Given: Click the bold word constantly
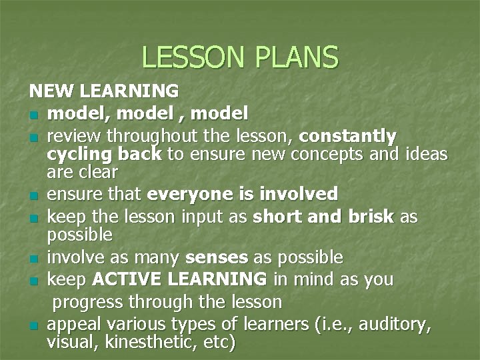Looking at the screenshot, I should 347,137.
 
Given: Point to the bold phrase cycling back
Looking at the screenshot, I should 104,155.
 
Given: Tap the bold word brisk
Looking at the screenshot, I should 365,217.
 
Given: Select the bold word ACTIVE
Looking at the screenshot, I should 124,279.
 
